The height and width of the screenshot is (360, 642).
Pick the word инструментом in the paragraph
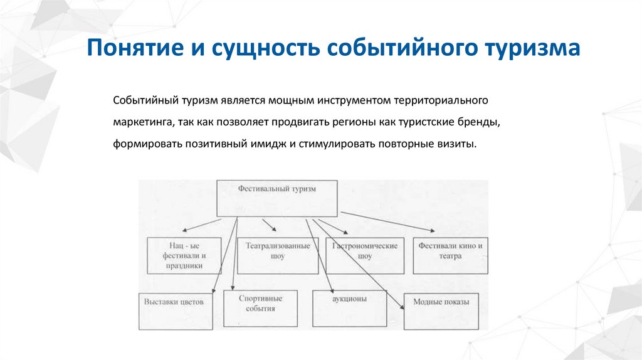point(353,100)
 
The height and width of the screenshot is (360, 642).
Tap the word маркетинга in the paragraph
point(144,122)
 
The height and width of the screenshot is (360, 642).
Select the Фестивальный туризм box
point(277,199)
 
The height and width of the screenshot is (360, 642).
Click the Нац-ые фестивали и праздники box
point(184,255)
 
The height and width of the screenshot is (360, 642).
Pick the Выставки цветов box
point(176,309)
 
